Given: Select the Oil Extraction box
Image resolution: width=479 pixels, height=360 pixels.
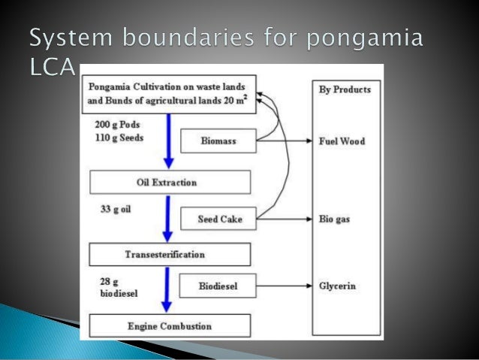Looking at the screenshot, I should tap(170, 182).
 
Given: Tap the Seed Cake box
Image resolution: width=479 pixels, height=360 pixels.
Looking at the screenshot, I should tap(218, 219).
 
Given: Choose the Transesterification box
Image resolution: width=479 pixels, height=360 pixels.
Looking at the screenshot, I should tap(170, 254).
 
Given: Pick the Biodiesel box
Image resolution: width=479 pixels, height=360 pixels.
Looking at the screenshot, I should tap(218, 286).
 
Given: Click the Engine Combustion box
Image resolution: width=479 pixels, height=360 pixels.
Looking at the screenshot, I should tap(170, 325).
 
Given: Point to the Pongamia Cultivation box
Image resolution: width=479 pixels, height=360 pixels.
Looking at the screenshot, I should tap(172, 93).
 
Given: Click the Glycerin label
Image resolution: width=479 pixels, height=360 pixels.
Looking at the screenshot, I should tap(343, 286).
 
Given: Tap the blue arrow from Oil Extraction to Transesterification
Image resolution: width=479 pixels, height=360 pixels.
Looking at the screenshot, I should tap(169, 218).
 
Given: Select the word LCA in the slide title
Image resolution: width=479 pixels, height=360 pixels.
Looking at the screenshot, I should tap(56, 69).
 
